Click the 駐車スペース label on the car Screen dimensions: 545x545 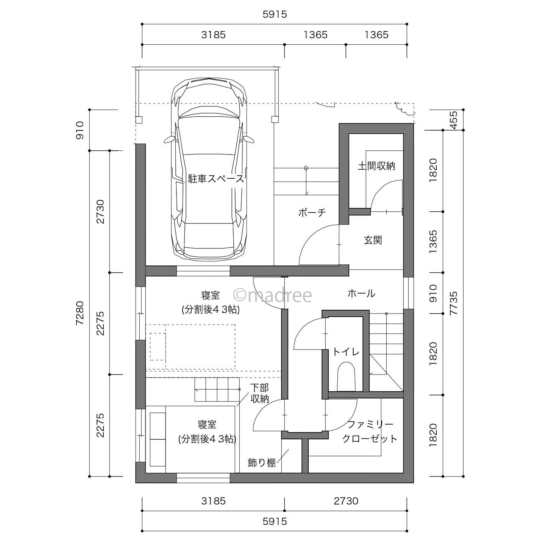[x=216, y=179]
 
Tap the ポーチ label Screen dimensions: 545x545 [x=312, y=212]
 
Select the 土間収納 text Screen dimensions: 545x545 [x=376, y=166]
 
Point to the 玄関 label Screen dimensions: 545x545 [x=373, y=240]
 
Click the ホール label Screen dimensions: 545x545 [x=361, y=293]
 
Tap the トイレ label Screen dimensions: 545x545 [x=346, y=352]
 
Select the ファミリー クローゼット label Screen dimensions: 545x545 [x=370, y=432]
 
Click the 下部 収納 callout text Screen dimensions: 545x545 [x=259, y=393]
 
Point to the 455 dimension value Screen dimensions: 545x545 [x=453, y=120]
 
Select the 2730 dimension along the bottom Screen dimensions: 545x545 [x=346, y=501]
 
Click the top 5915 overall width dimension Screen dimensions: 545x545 [x=275, y=14]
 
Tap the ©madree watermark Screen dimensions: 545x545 [x=272, y=295]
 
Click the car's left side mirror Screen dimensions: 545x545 [x=169, y=140]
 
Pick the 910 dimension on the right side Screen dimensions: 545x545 [x=433, y=293]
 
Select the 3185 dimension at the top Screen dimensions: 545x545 [x=214, y=35]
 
